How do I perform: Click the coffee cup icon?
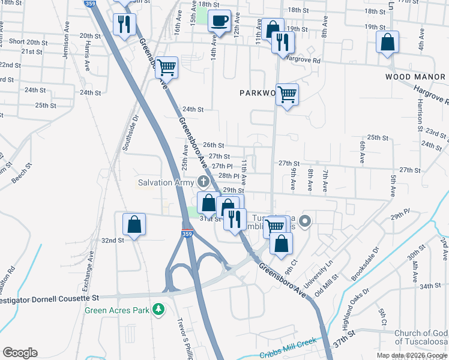[x=219, y=21]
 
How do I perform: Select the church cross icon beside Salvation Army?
[x=203, y=181]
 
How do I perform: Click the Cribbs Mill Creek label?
[x=288, y=349]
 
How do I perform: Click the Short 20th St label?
[x=28, y=42]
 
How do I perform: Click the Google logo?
[x=20, y=353]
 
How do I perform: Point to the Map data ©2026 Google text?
[x=412, y=355]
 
